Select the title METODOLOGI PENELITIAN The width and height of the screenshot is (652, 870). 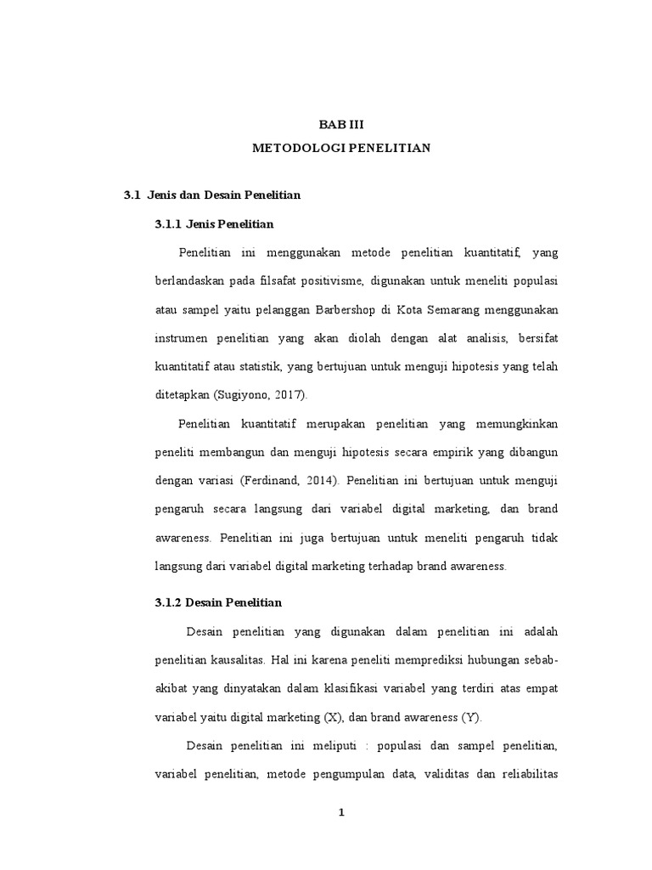(342, 148)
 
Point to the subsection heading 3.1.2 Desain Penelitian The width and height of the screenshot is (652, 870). (218, 602)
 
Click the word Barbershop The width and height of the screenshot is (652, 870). (347, 309)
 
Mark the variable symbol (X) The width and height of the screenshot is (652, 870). (333, 716)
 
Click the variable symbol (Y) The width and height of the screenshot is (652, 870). (470, 716)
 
